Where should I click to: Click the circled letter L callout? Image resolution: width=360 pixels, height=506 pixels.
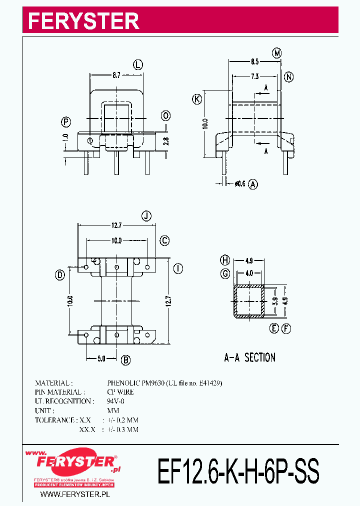click(x=138, y=64)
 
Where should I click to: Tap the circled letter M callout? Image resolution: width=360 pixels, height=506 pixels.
click(x=277, y=52)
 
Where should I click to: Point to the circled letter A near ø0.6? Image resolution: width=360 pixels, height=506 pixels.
click(x=253, y=184)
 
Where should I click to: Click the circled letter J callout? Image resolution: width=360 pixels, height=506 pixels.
click(x=146, y=216)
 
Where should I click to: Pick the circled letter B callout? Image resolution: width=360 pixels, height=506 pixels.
click(x=126, y=359)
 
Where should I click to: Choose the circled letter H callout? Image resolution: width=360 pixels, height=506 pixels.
click(x=225, y=260)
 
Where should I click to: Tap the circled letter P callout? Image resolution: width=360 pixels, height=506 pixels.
click(x=66, y=122)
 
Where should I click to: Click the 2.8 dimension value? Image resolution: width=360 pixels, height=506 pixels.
click(x=166, y=141)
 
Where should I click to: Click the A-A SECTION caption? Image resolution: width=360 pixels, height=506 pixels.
click(x=249, y=357)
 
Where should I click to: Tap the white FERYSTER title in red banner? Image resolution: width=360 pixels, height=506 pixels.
click(x=83, y=20)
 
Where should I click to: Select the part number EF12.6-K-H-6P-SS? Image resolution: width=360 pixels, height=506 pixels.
click(x=238, y=471)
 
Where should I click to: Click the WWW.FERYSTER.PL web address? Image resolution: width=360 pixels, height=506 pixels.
click(x=74, y=494)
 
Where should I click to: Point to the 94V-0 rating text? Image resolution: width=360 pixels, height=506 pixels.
click(x=116, y=401)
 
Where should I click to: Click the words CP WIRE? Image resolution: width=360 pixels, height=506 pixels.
click(x=120, y=392)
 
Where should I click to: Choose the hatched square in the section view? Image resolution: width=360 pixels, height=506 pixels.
click(x=249, y=301)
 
